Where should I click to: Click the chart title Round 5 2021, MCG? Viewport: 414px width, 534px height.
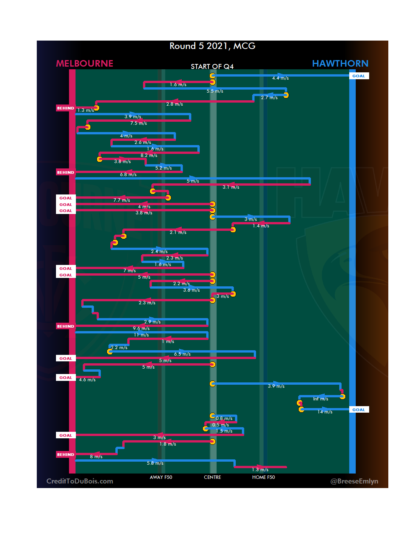click(x=212, y=46)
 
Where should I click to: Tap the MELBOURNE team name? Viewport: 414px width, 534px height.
click(x=85, y=64)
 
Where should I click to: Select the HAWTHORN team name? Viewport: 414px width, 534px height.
click(x=340, y=64)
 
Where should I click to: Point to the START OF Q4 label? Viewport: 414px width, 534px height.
click(x=212, y=67)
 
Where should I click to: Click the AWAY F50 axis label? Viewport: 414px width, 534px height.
click(x=161, y=477)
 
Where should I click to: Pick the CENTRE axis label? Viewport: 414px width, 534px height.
click(x=212, y=477)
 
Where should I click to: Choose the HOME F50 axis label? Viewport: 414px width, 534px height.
click(x=263, y=477)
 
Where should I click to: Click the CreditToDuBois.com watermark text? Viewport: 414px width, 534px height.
click(x=80, y=481)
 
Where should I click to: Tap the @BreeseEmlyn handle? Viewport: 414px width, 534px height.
click(x=354, y=481)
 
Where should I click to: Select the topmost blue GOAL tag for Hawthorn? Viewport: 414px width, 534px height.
click(x=359, y=76)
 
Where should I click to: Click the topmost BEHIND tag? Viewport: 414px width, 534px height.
click(x=66, y=108)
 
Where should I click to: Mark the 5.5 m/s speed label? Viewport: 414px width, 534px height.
click(x=215, y=91)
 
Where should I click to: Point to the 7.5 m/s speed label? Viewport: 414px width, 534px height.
click(x=138, y=123)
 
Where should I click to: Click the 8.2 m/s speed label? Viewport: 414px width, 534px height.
click(x=149, y=155)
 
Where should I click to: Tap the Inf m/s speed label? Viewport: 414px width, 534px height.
click(x=320, y=399)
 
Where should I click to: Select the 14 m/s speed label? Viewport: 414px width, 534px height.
click(x=325, y=412)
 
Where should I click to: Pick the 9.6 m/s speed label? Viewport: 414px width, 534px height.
click(x=141, y=328)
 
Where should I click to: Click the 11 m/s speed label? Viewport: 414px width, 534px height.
click(x=141, y=335)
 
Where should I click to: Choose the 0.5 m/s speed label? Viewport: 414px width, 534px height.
click(x=220, y=425)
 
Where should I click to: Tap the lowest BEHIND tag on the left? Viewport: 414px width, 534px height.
click(x=66, y=454)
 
